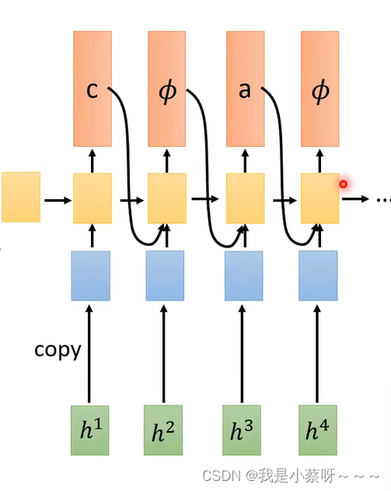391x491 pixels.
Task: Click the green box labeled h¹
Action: [90, 430]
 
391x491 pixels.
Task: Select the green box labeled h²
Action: [164, 430]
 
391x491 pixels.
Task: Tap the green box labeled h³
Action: [242, 430]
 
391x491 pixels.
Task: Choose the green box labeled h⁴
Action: [318, 430]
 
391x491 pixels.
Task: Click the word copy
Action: [58, 349]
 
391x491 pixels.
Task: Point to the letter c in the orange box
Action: [92, 90]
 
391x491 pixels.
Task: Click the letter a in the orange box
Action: [245, 90]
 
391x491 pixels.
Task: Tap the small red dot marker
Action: [343, 184]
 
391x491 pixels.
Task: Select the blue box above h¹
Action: [90, 275]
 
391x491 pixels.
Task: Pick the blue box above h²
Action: [165, 275]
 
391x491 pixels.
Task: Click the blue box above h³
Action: [243, 275]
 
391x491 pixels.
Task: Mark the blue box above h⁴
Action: [318, 275]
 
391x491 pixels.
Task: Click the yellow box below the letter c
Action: [93, 198]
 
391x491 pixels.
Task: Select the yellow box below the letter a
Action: [245, 198]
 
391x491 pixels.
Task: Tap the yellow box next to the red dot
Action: [319, 198]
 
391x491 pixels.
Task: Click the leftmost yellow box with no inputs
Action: [21, 197]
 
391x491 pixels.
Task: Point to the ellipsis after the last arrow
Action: [382, 200]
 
